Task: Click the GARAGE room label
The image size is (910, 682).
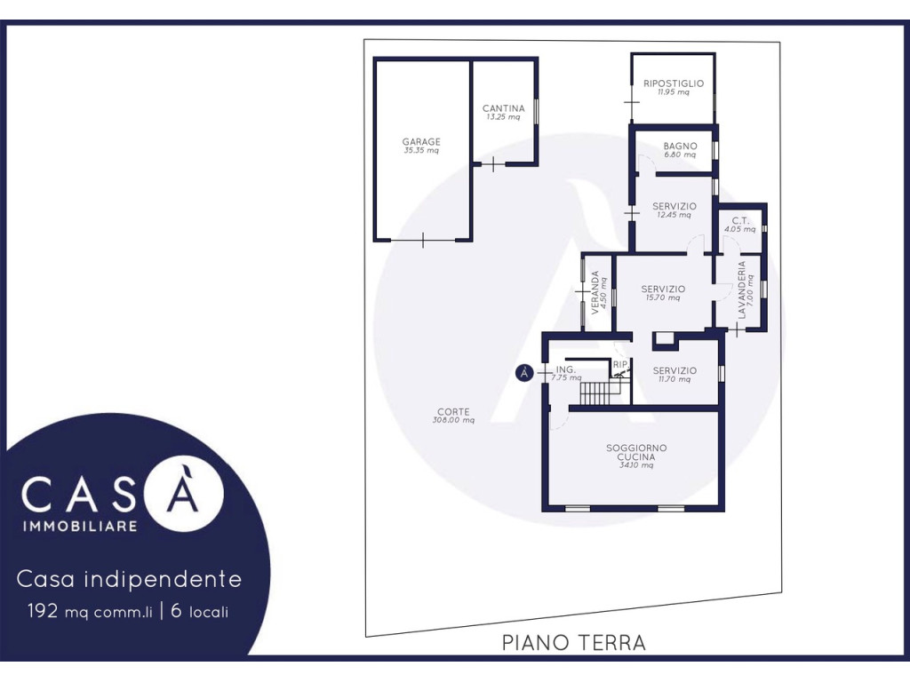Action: pyautogui.click(x=421, y=141)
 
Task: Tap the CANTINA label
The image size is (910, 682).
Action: pyautogui.click(x=503, y=108)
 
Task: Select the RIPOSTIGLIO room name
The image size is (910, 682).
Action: pyautogui.click(x=674, y=83)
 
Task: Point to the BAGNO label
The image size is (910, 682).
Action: pyautogui.click(x=680, y=147)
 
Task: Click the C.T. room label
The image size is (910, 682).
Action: pyautogui.click(x=740, y=220)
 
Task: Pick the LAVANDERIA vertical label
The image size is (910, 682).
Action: pyautogui.click(x=741, y=290)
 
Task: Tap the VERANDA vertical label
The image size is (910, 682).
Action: pyautogui.click(x=595, y=293)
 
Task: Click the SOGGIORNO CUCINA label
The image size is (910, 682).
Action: pyautogui.click(x=636, y=452)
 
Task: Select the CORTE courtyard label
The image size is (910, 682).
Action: pyautogui.click(x=453, y=412)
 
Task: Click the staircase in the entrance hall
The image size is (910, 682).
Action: pyautogui.click(x=597, y=393)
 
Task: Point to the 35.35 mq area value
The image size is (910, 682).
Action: pyautogui.click(x=421, y=151)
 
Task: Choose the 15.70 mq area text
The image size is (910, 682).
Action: pyautogui.click(x=663, y=298)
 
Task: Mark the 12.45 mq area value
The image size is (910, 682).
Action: pyautogui.click(x=674, y=215)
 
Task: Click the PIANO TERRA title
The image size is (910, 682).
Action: pyautogui.click(x=573, y=643)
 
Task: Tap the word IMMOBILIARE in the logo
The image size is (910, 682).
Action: pyautogui.click(x=80, y=526)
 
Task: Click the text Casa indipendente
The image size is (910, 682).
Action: pyautogui.click(x=129, y=579)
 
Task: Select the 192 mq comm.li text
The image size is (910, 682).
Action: pyautogui.click(x=90, y=611)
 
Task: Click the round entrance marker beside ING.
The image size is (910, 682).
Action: pyautogui.click(x=524, y=373)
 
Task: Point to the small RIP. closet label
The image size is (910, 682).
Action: pyautogui.click(x=620, y=364)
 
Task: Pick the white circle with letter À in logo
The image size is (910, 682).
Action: pyautogui.click(x=184, y=493)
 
